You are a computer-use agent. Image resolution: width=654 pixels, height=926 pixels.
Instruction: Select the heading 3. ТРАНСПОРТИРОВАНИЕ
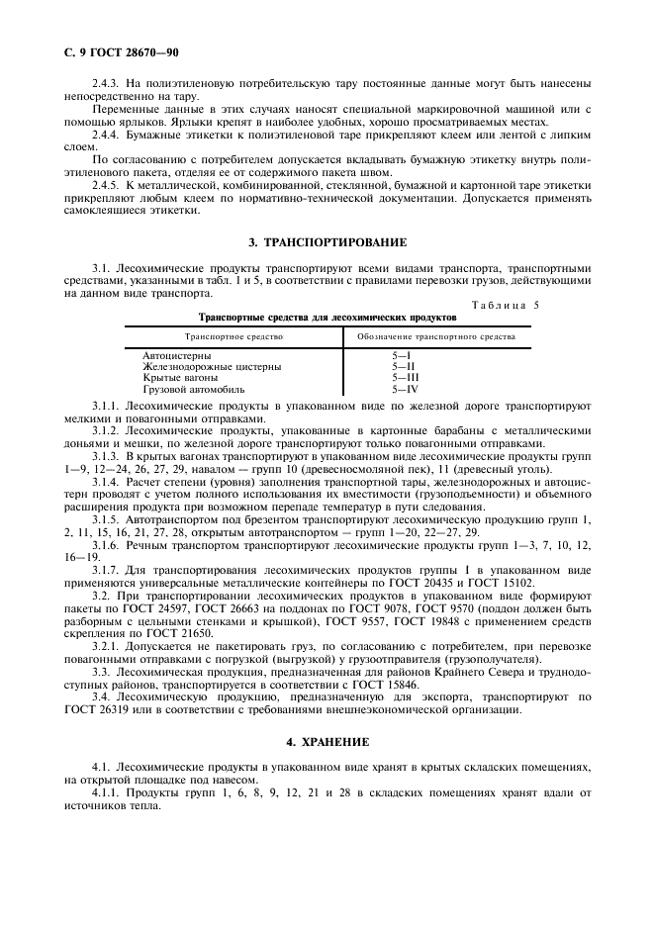[x=327, y=242]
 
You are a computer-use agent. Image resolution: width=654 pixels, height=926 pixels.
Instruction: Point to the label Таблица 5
[x=505, y=306]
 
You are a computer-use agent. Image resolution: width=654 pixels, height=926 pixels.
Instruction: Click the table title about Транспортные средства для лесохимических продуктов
[x=327, y=318]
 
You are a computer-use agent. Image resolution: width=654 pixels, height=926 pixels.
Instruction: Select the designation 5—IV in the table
[x=406, y=389]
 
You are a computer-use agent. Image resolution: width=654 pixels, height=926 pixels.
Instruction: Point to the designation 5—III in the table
[x=406, y=378]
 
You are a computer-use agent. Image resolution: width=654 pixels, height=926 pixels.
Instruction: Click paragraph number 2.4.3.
[x=108, y=83]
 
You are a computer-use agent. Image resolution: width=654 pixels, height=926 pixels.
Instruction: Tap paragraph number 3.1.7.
[x=108, y=570]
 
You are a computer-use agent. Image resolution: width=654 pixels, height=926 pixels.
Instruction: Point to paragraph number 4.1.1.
[x=108, y=794]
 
